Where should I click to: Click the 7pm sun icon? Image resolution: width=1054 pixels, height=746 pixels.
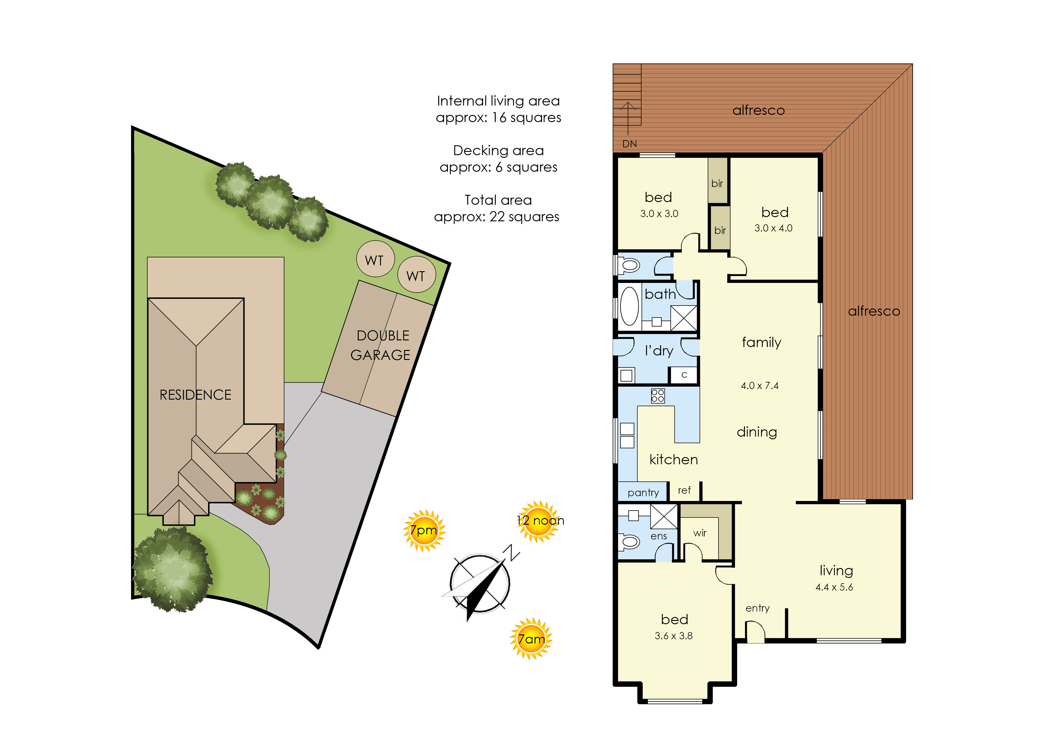pos(424,531)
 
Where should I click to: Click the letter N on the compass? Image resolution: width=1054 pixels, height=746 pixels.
pos(511,552)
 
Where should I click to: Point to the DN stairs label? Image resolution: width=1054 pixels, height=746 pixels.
pos(629,144)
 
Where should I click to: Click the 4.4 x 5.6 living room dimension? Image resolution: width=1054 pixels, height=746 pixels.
pos(834,587)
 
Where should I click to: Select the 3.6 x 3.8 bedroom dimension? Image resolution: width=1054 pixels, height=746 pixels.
pos(673,636)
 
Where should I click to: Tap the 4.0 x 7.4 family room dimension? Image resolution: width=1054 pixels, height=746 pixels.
pos(760,386)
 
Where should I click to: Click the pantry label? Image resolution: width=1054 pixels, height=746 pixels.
pos(643,493)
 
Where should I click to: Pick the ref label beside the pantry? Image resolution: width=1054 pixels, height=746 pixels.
pos(684,490)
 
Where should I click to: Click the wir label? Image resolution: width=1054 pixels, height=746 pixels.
pos(700,533)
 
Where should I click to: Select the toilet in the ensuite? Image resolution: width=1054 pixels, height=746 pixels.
pos(628,542)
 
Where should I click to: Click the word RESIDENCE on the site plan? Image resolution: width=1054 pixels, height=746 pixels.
pos(195,394)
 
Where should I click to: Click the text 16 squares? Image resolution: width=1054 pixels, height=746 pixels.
pos(526,118)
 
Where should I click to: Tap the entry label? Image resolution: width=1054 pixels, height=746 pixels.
pos(757,608)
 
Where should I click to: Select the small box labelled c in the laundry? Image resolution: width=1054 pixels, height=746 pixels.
pos(684,375)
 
